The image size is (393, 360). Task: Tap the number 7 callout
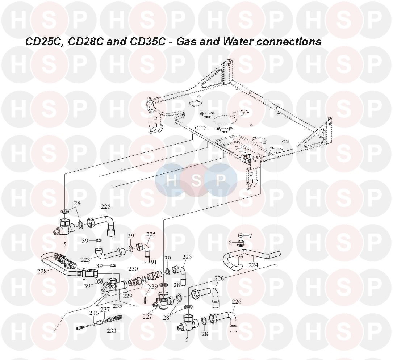[250, 235]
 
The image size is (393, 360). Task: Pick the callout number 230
[133, 269]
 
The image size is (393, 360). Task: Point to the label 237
[105, 310]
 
